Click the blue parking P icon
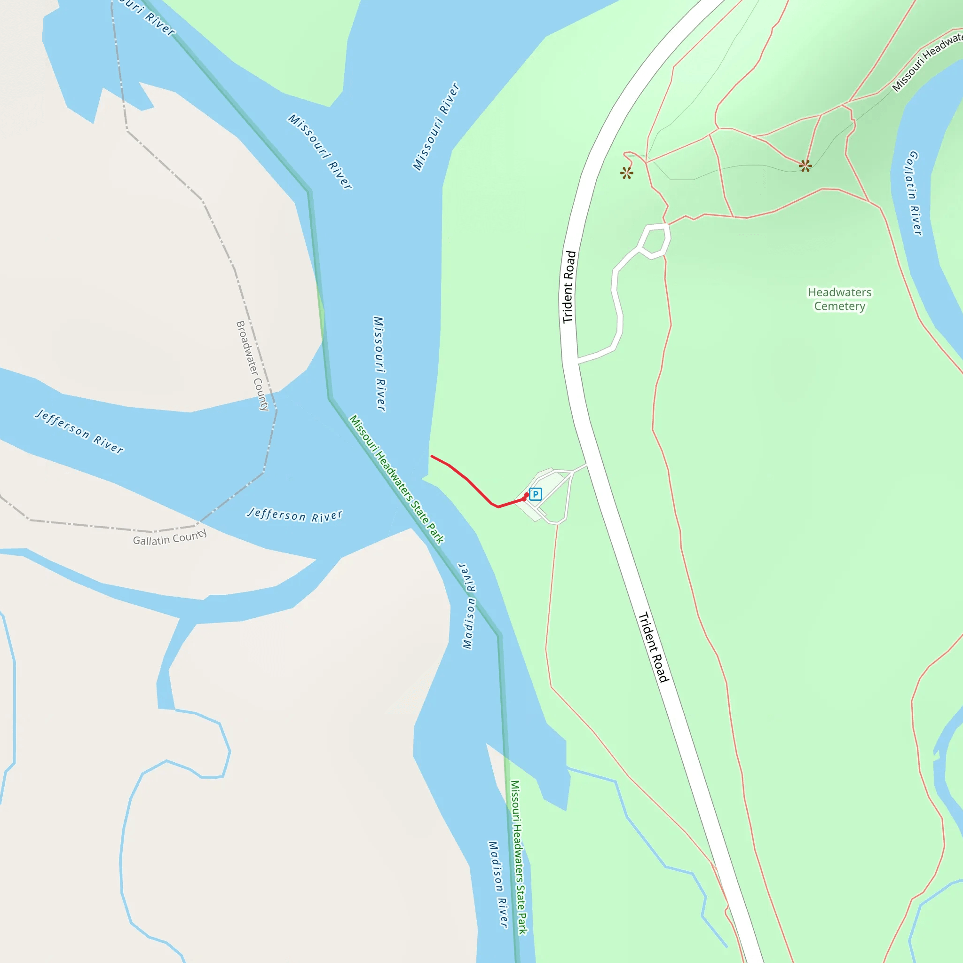click(x=535, y=494)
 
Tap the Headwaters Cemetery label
click(x=839, y=299)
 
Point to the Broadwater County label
click(x=252, y=365)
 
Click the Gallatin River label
click(x=913, y=193)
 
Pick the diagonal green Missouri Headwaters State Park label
click(x=396, y=479)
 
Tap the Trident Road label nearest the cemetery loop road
click(x=569, y=287)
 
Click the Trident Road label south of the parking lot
click(x=654, y=647)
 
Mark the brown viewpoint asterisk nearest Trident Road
click(x=626, y=173)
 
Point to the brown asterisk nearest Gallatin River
click(x=805, y=166)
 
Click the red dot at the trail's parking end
click(x=526, y=495)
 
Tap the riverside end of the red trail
click(x=432, y=456)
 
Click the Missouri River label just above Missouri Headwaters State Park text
click(x=380, y=364)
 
